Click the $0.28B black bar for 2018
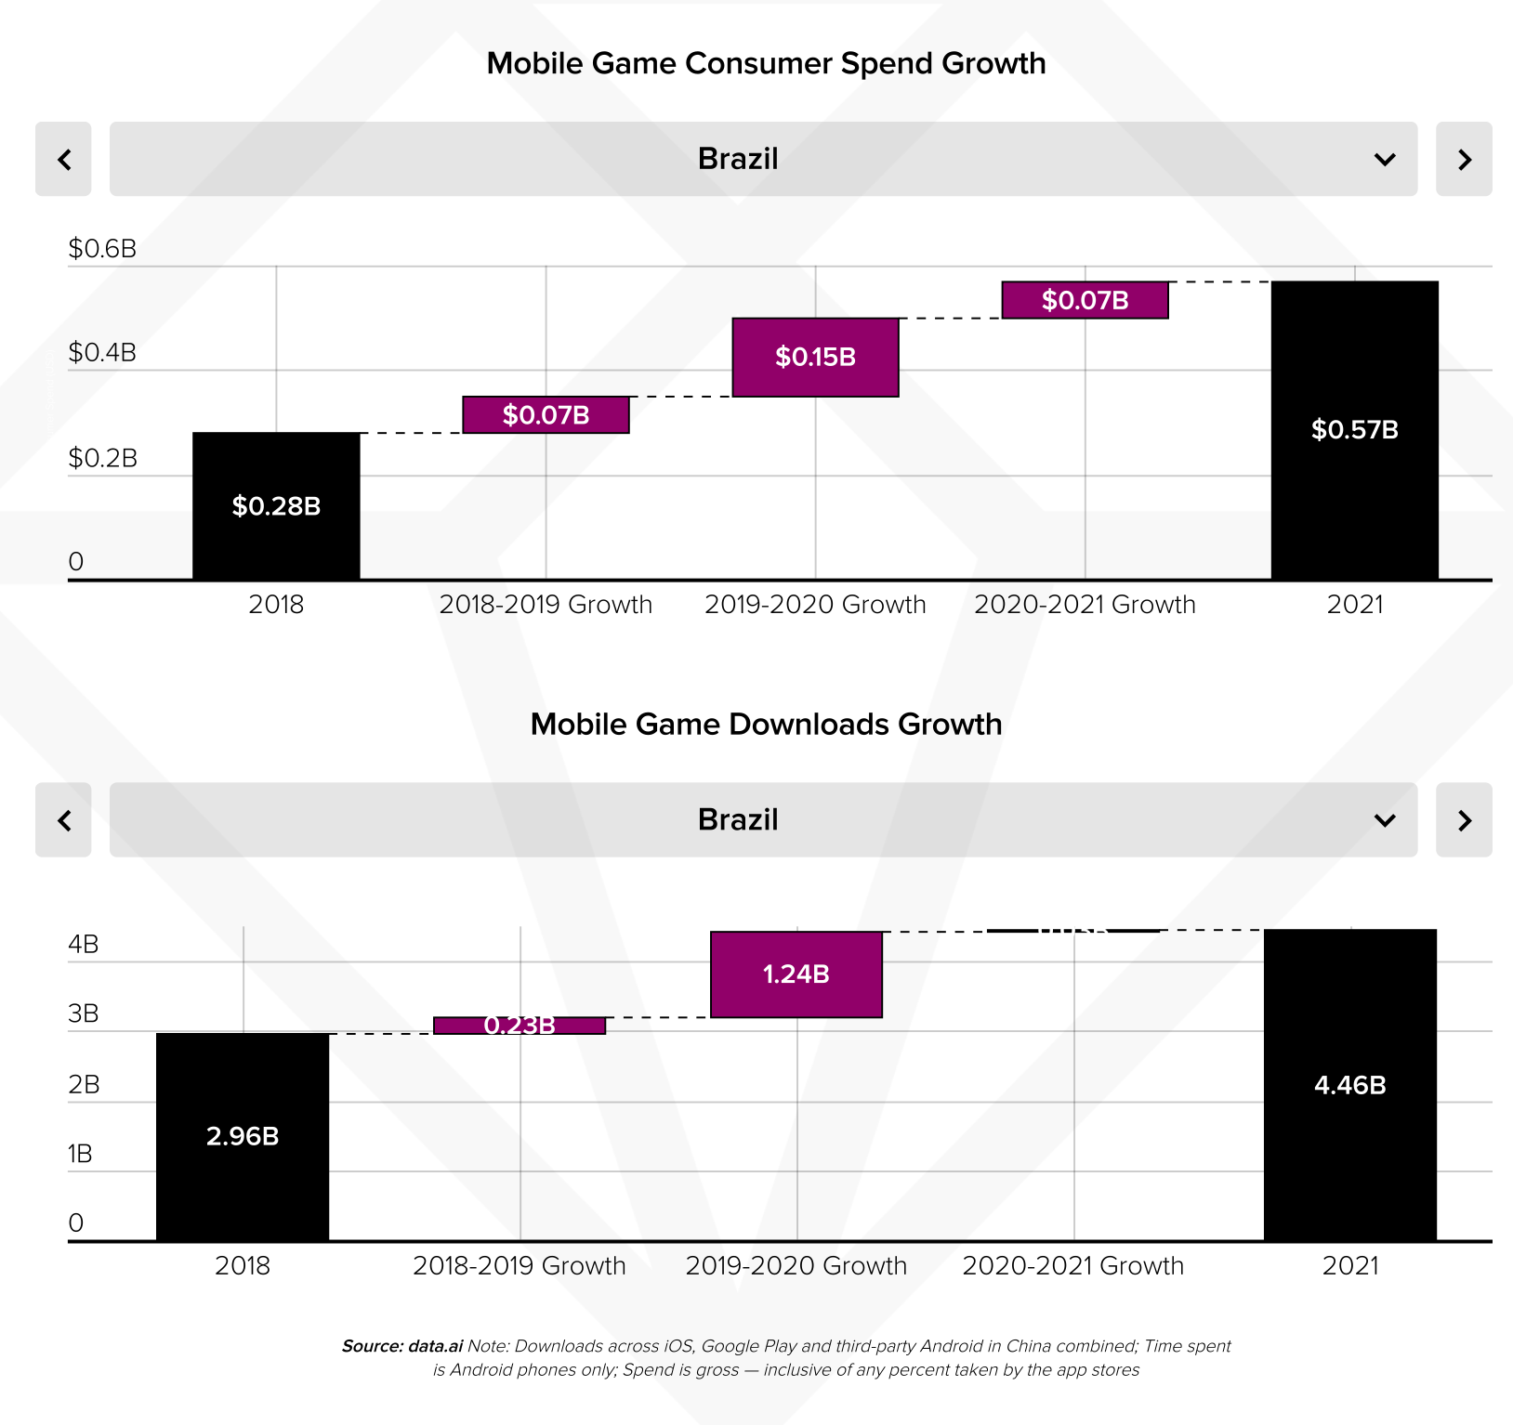point(276,506)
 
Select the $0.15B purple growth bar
point(815,358)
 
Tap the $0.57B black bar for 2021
point(1354,430)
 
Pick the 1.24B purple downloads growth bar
point(796,974)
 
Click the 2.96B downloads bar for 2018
point(243,1136)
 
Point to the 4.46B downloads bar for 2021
point(1349,1085)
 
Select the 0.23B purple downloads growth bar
point(520,1026)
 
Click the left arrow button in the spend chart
point(63,159)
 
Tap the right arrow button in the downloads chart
point(1464,820)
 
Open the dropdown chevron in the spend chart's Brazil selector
point(1385,160)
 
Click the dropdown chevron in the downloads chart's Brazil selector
point(1385,820)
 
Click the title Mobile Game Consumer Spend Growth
point(766,63)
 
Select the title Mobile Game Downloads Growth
point(766,725)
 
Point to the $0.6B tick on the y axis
point(102,249)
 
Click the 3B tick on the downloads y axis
point(84,1013)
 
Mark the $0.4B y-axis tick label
point(102,353)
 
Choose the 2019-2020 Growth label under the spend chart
point(815,605)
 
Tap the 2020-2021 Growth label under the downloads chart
point(1073,1266)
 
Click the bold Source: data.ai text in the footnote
point(402,1346)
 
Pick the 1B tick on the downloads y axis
point(81,1154)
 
